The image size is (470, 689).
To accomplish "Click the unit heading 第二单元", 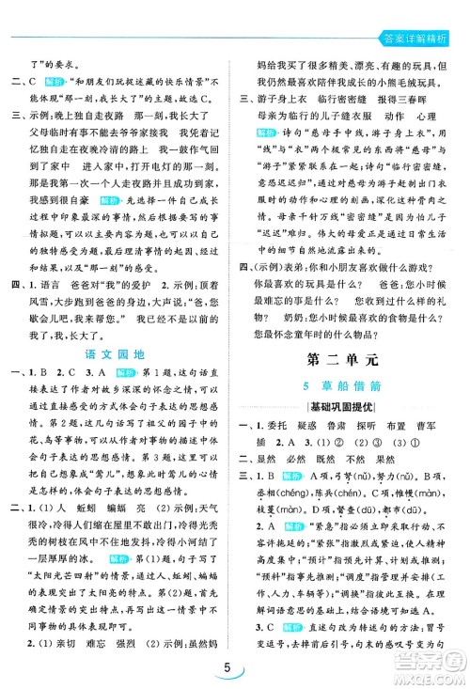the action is tap(352, 356).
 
